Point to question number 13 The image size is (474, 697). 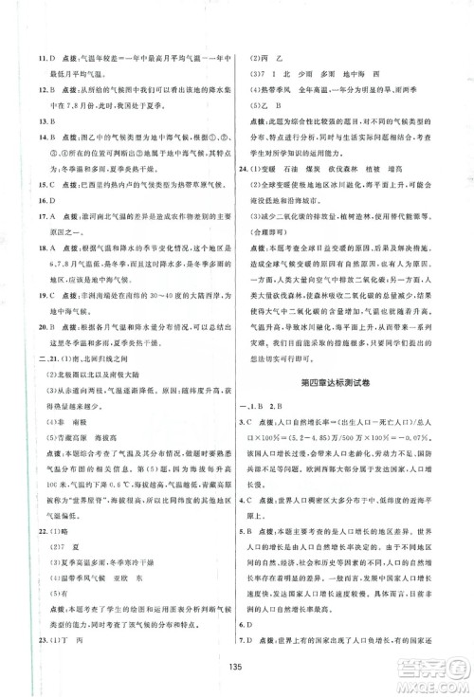(x=29, y=120)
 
